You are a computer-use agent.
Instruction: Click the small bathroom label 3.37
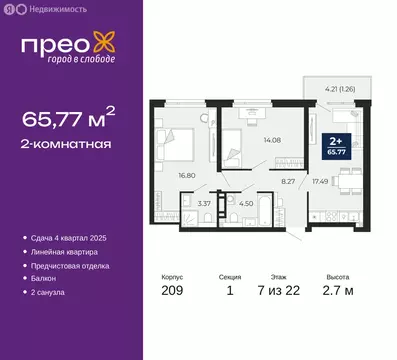(x=200, y=205)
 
